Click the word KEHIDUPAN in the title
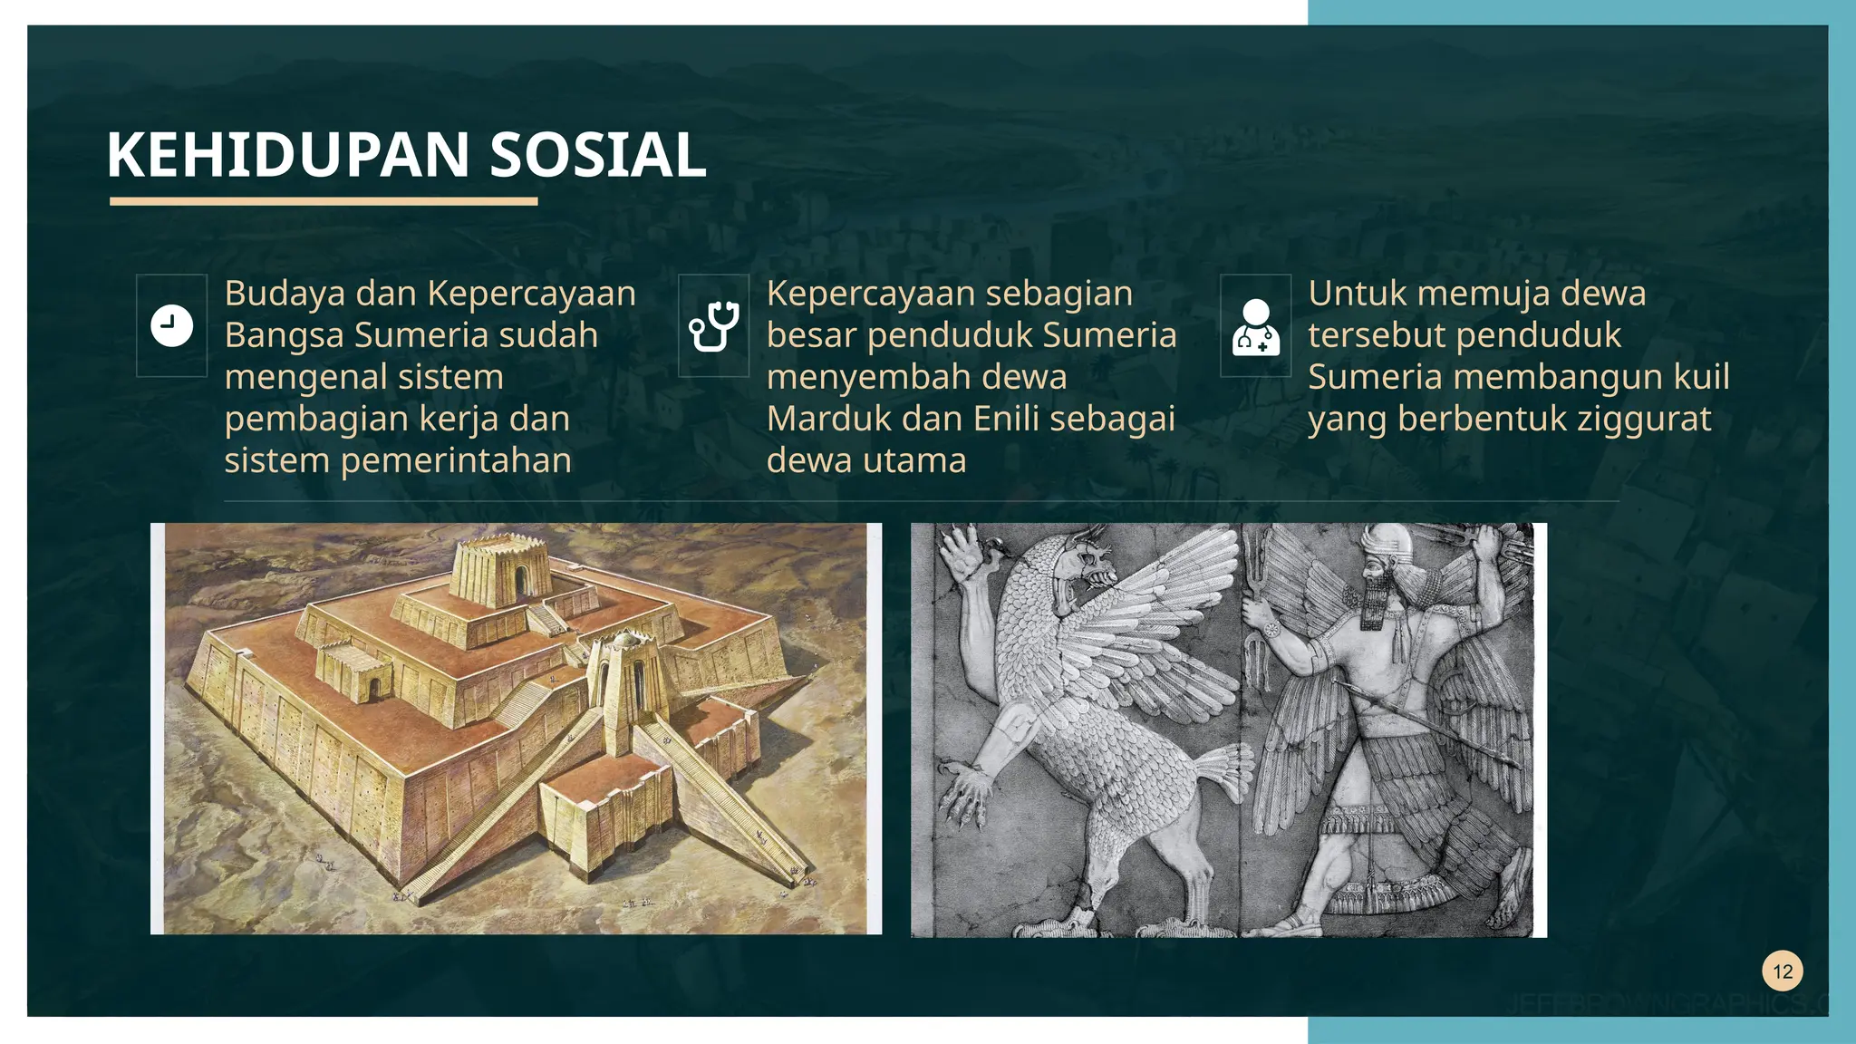[x=287, y=155]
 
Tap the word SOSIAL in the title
[x=597, y=155]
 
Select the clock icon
[x=171, y=325]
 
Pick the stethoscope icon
[x=714, y=325]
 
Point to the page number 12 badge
[x=1783, y=971]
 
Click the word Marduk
[x=820, y=419]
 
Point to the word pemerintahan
[x=456, y=460]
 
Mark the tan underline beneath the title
[x=324, y=201]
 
